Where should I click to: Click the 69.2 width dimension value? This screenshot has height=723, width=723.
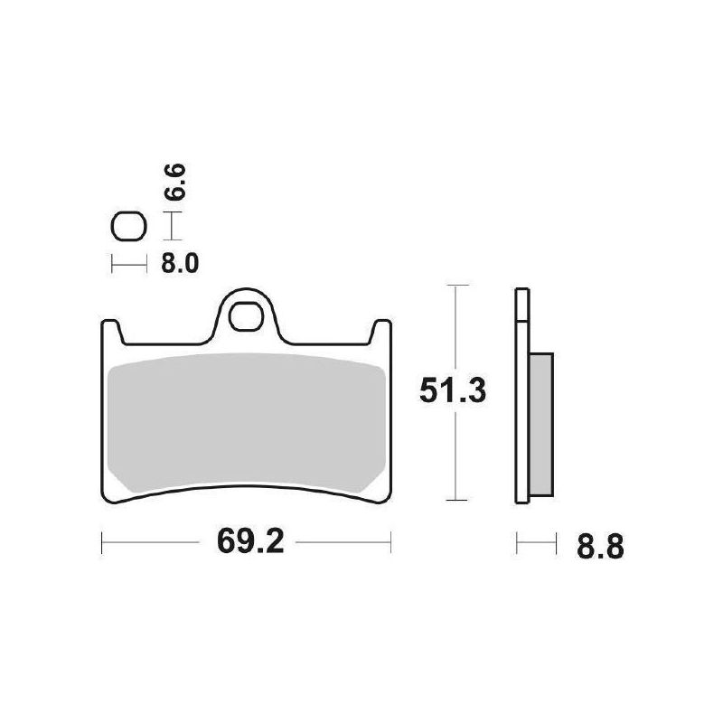coord(247,544)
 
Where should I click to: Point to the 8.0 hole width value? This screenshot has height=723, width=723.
coord(180,264)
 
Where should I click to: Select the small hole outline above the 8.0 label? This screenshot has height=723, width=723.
coord(127,227)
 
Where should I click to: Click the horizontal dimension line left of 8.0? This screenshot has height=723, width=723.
coord(127,264)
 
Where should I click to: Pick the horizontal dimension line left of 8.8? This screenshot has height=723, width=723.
coord(534,544)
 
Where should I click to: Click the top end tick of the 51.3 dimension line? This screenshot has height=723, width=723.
coord(459,286)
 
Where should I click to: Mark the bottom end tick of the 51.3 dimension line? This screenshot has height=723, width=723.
coord(459,500)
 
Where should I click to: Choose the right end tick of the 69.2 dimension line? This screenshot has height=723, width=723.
coord(390,544)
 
